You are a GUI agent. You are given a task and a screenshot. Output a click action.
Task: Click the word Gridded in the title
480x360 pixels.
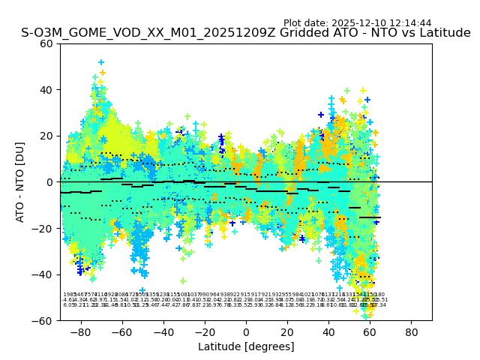(x=282, y=33)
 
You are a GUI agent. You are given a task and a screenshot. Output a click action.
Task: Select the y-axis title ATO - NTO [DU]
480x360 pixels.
(x=21, y=181)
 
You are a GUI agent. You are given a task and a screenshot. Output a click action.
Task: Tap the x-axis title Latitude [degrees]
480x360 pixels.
(x=246, y=346)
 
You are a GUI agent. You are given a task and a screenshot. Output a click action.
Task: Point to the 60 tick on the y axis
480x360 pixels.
(x=46, y=43)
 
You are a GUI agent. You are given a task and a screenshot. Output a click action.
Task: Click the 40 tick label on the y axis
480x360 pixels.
(x=46, y=90)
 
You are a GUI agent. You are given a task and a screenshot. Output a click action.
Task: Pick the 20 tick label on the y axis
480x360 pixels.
(x=46, y=136)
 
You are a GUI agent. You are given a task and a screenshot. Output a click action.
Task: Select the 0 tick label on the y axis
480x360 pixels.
(x=49, y=182)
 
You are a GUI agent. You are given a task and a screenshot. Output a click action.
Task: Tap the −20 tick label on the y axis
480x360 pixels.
(x=43, y=228)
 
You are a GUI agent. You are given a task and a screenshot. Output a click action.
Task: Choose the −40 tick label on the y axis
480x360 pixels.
(x=43, y=274)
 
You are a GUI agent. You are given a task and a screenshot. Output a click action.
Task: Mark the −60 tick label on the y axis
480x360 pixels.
(x=43, y=320)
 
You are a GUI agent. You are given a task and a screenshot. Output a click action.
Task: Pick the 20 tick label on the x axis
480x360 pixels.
(x=287, y=331)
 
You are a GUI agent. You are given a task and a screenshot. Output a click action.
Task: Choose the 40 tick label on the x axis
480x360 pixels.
(x=328, y=331)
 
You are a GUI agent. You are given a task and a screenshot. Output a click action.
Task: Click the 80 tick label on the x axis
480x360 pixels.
(x=412, y=331)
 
